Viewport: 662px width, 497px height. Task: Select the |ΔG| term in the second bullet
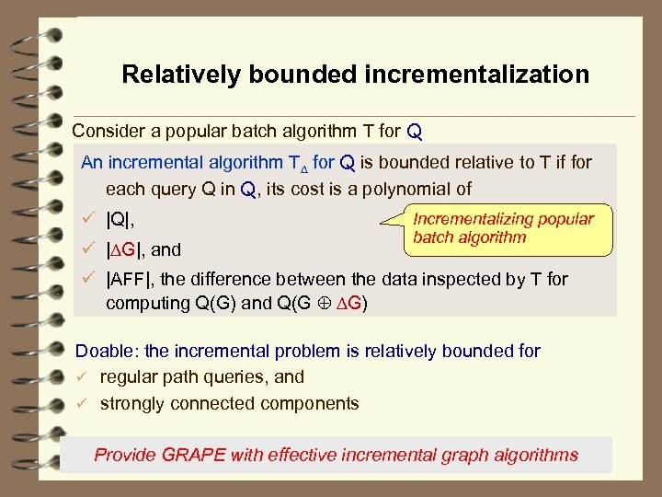[127, 249]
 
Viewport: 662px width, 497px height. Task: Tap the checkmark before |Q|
[89, 221]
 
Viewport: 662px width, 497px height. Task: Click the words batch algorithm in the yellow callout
[469, 237]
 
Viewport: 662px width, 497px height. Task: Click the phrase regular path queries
[185, 377]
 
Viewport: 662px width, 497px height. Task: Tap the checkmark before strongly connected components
[81, 403]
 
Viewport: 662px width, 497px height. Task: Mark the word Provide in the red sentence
[125, 455]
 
